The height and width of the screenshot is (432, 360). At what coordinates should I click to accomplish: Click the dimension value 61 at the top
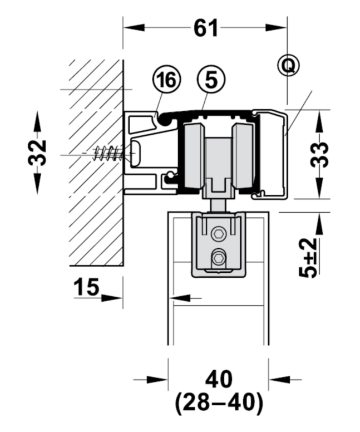(205, 28)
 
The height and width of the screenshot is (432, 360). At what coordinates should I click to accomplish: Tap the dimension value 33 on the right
(320, 155)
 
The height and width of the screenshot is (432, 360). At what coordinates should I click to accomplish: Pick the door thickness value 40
(219, 380)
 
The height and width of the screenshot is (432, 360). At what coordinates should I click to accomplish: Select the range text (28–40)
(219, 404)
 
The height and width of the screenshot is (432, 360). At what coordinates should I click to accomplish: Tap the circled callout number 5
(210, 80)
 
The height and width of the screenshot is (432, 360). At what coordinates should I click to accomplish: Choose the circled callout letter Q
(288, 66)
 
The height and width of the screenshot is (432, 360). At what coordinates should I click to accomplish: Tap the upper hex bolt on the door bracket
(219, 234)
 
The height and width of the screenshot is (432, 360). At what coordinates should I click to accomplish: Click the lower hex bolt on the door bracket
(219, 258)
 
